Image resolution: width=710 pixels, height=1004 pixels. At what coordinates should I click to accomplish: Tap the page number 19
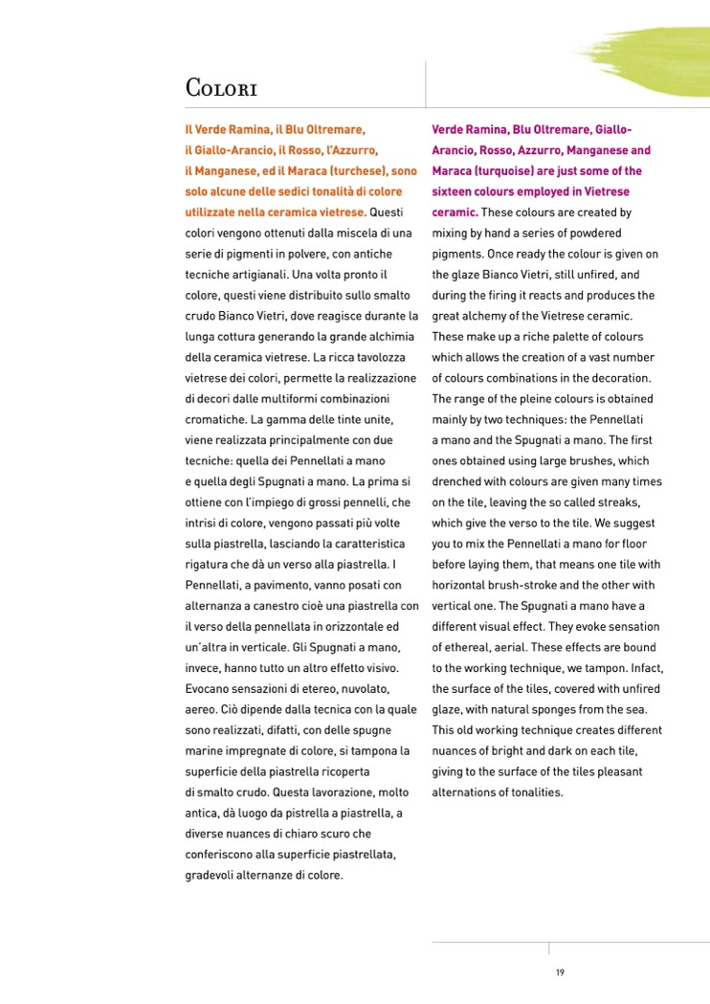click(x=560, y=972)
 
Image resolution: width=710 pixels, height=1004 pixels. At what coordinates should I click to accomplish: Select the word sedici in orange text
click(x=300, y=191)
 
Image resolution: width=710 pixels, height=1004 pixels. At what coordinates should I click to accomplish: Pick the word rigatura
click(x=208, y=565)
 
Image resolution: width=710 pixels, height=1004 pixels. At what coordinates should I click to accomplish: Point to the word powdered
click(x=596, y=233)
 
